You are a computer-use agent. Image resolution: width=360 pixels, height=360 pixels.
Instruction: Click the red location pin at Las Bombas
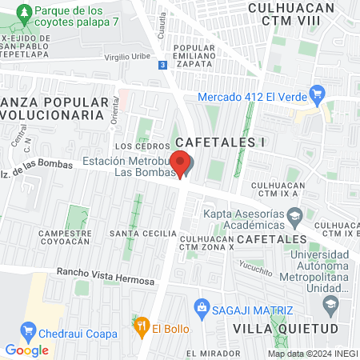(181, 163)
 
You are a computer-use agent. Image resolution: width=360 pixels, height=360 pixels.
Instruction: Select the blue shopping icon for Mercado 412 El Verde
(316, 93)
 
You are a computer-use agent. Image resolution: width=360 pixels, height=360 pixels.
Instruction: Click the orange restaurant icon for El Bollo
(141, 326)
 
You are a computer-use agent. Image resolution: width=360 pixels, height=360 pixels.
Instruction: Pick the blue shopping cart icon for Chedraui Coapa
(29, 329)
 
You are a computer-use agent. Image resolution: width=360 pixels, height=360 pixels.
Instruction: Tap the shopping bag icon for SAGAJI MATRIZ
(202, 306)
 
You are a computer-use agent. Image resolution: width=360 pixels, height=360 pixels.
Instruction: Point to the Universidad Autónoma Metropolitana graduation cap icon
(330, 302)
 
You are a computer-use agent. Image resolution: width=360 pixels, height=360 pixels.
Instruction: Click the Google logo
(26, 350)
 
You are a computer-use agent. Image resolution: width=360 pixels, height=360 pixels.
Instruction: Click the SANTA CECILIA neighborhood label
(143, 234)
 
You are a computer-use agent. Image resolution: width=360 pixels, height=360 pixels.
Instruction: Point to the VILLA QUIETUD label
(280, 328)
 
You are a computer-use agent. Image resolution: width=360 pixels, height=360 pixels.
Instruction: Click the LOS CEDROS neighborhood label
(133, 147)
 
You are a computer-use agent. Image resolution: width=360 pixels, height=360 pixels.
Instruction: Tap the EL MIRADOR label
(213, 353)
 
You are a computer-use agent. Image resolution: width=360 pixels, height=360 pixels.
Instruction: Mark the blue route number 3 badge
(163, 65)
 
